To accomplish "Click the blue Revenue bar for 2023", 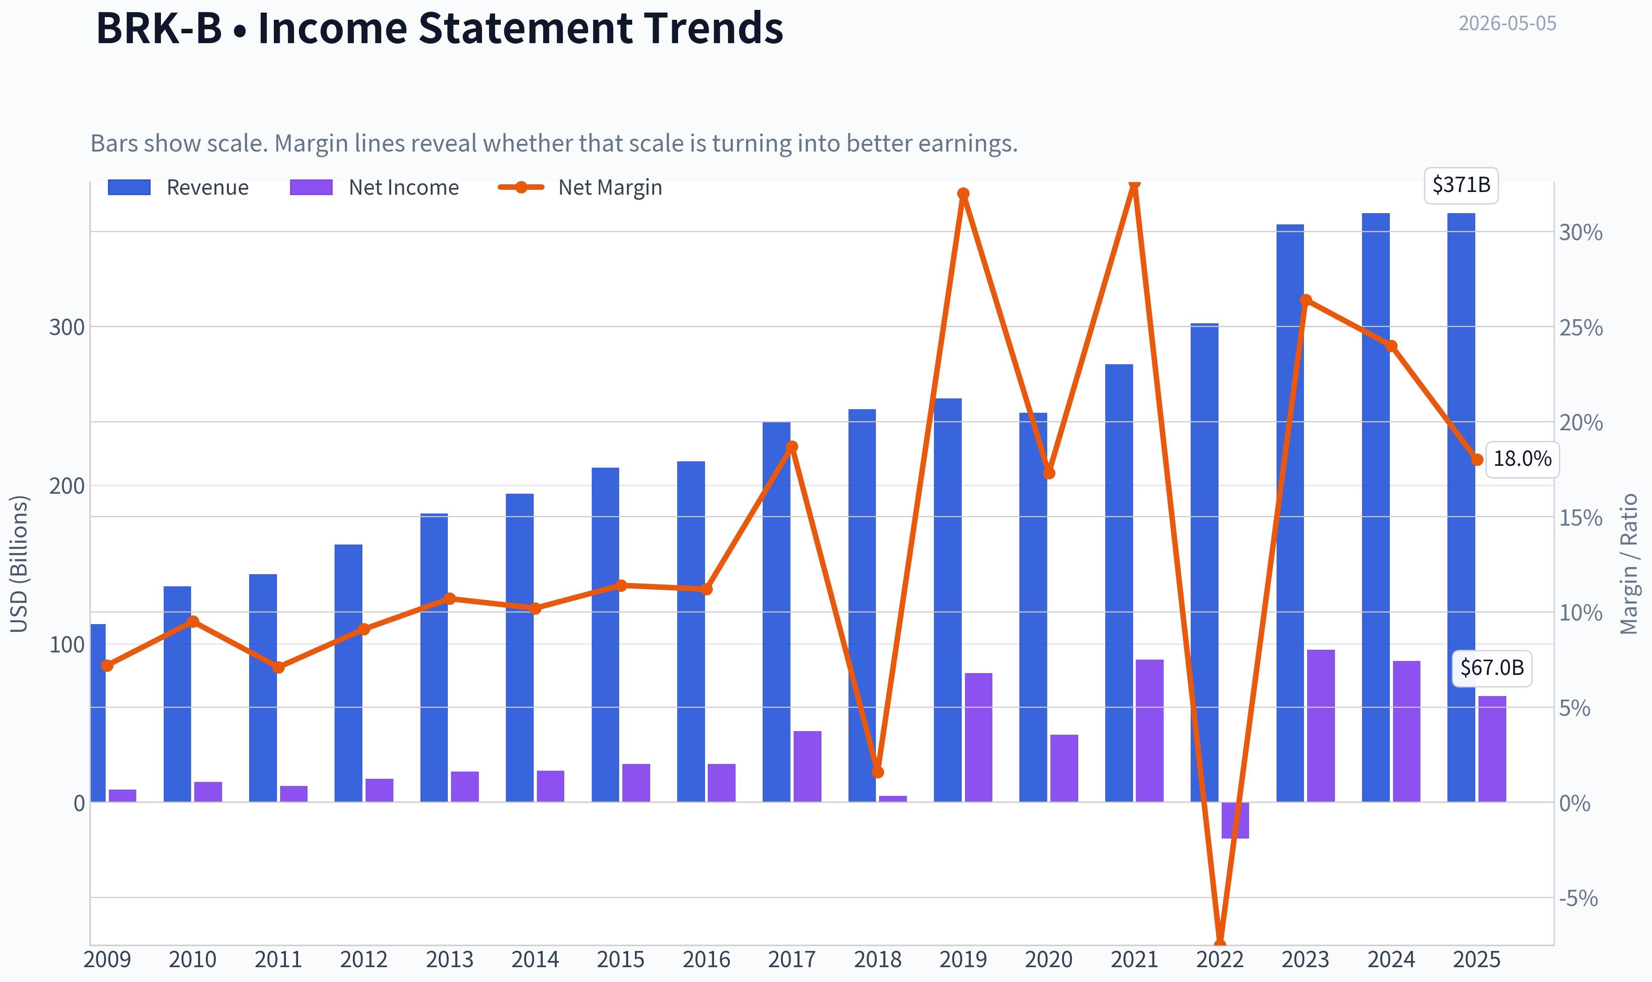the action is pyautogui.click(x=1290, y=513).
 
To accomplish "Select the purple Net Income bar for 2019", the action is pyautogui.click(x=978, y=737).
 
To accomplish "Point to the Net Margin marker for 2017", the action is pyautogui.click(x=792, y=446).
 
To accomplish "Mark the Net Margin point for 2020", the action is pyautogui.click(x=1049, y=473).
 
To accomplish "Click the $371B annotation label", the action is pyautogui.click(x=1461, y=185).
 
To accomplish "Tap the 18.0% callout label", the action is pyautogui.click(x=1523, y=459).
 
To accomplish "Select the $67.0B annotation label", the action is pyautogui.click(x=1492, y=668).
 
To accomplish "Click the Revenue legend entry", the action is pyautogui.click(x=179, y=187).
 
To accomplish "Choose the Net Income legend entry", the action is pyautogui.click(x=375, y=187).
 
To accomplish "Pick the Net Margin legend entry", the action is pyautogui.click(x=580, y=187).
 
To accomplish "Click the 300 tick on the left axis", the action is pyautogui.click(x=67, y=327).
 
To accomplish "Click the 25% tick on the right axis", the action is pyautogui.click(x=1581, y=327).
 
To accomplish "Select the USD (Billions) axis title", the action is pyautogui.click(x=19, y=564).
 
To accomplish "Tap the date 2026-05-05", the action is pyautogui.click(x=1507, y=23).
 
